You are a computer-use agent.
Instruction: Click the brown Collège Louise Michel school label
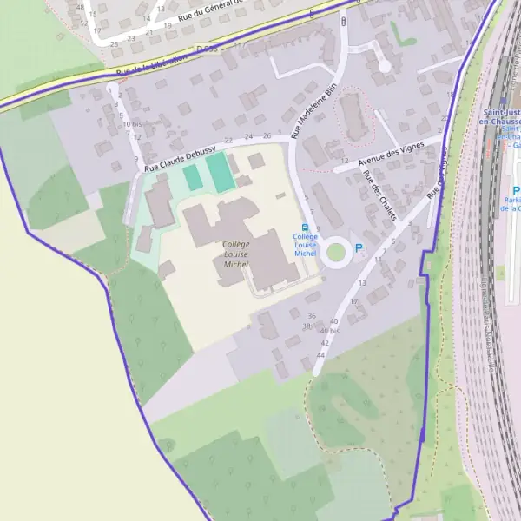point(235,254)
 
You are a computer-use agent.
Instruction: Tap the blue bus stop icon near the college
point(304,227)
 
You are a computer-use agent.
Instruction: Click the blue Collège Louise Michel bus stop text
point(305,245)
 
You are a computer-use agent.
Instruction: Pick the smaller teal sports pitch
point(192,177)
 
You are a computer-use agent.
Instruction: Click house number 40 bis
point(330,332)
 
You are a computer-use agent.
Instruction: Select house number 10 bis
point(133,124)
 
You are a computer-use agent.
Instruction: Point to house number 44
point(321,355)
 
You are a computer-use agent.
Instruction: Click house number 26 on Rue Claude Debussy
point(267,136)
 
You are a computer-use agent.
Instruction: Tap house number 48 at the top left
point(80,6)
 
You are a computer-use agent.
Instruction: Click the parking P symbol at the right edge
point(516,192)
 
